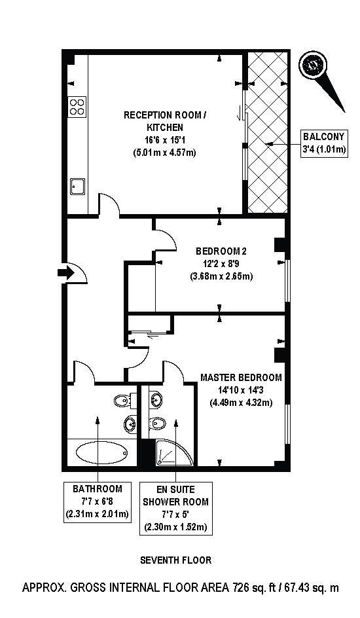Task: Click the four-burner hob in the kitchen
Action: click(x=77, y=106)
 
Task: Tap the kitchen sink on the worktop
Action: click(x=78, y=186)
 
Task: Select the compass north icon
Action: click(x=312, y=65)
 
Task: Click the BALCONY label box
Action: click(x=324, y=143)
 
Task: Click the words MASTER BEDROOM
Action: click(x=241, y=378)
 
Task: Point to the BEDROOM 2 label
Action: click(x=221, y=251)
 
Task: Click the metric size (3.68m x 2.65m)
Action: click(x=221, y=276)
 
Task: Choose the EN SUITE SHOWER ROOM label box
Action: click(x=176, y=508)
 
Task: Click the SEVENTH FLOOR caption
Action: click(x=176, y=560)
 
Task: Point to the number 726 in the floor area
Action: click(x=242, y=588)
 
